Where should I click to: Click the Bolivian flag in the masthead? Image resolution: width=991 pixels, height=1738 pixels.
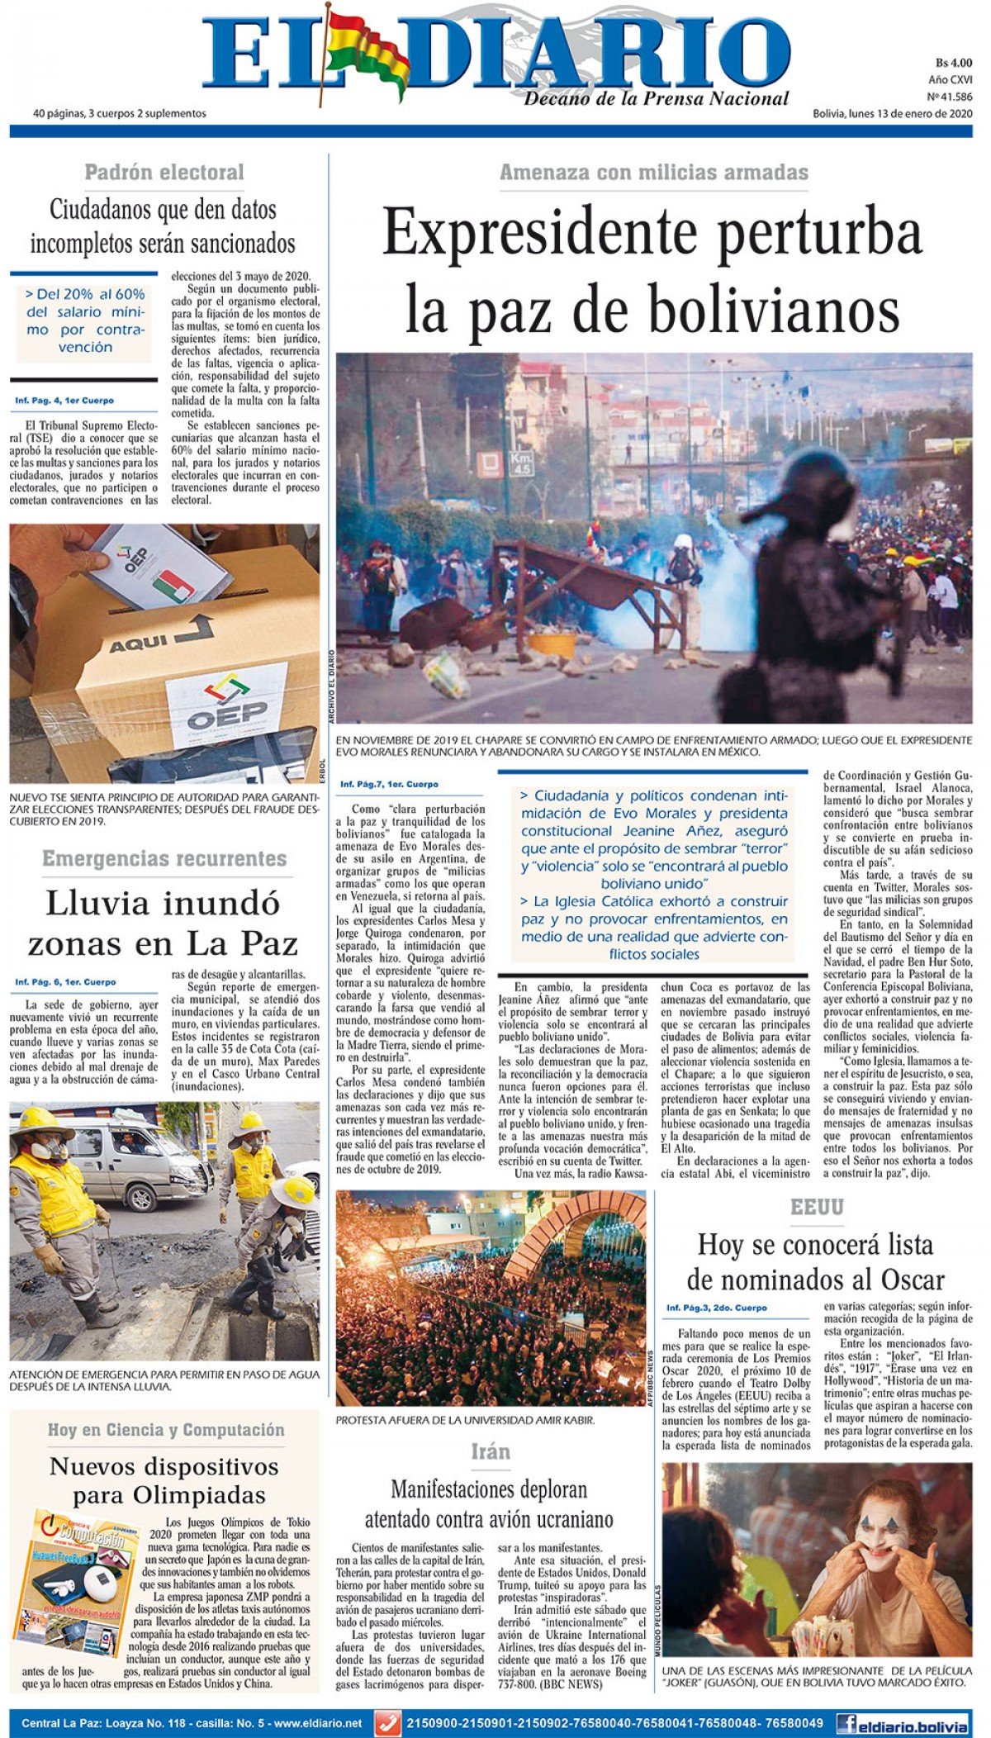(x=364, y=51)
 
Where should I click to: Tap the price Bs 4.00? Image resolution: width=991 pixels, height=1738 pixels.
(x=954, y=63)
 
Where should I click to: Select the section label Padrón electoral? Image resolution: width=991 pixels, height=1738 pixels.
(x=164, y=173)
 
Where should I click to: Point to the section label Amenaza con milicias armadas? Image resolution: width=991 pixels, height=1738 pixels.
(x=653, y=173)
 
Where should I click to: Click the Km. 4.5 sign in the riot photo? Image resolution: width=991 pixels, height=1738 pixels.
(x=519, y=464)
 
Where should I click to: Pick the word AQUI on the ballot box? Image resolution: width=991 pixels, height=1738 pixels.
(x=139, y=643)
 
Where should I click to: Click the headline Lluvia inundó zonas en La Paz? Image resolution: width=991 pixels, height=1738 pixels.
(x=163, y=923)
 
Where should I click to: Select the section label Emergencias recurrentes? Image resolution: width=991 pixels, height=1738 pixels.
(x=164, y=859)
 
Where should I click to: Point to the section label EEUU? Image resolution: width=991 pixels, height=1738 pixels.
(x=817, y=1208)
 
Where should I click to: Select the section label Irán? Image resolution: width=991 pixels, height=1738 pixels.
(x=491, y=1451)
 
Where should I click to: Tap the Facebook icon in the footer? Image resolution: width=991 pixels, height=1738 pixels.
(x=846, y=1723)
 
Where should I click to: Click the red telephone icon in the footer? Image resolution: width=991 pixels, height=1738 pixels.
(x=387, y=1723)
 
